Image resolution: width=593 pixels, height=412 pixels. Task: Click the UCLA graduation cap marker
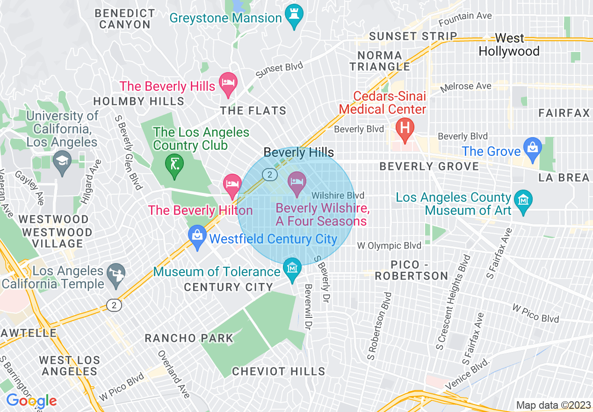[62, 161]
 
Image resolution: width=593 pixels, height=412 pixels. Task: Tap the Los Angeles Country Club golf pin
[174, 165]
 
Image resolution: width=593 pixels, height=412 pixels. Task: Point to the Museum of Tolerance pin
[292, 269]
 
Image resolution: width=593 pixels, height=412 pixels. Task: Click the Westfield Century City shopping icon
[197, 236]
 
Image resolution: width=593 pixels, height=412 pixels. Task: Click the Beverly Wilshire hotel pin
[297, 182]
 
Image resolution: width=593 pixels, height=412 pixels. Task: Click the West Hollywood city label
[509, 44]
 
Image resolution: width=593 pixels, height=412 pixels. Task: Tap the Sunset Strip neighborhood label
[413, 36]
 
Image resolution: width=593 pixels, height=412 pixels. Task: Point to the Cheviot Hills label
[279, 372]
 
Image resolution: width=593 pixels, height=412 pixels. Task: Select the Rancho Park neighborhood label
[189, 338]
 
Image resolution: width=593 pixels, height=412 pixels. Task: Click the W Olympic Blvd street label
[389, 245]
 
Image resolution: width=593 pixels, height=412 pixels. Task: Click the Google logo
[31, 401]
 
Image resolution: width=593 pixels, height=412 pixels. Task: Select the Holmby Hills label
[139, 101]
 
